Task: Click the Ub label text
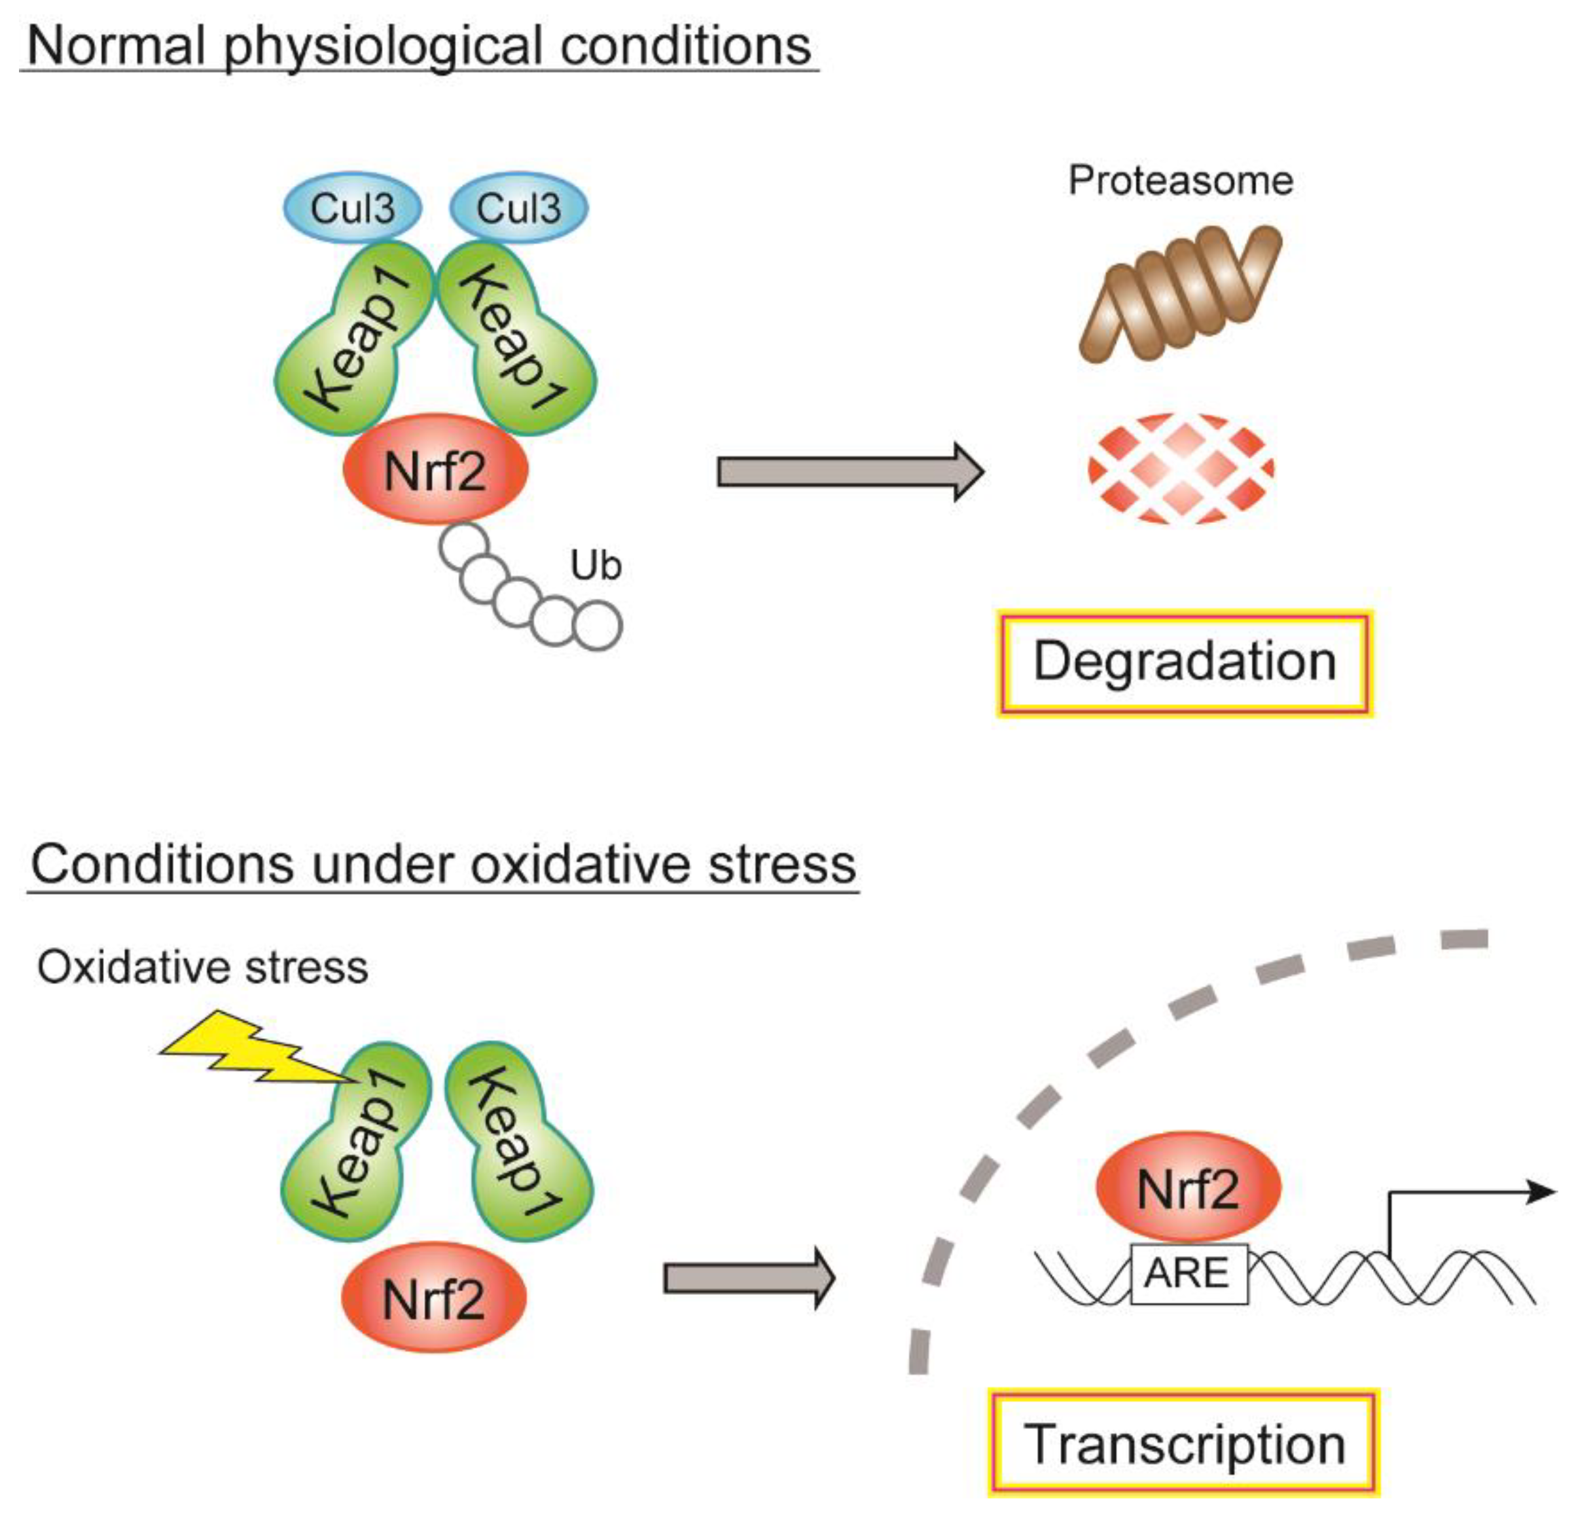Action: coord(596,566)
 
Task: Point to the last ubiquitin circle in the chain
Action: coord(598,626)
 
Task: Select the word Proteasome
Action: coord(1180,180)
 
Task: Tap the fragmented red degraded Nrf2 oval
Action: coord(1181,469)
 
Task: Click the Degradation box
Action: coord(1185,662)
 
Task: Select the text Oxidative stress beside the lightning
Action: coord(202,968)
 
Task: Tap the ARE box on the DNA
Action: coord(1189,1273)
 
